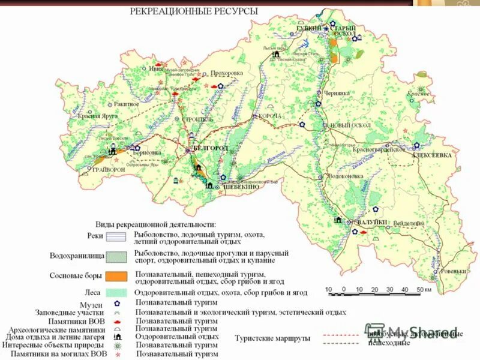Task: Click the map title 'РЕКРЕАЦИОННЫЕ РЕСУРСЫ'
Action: click(195, 11)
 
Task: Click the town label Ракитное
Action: click(126, 104)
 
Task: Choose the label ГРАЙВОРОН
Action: click(107, 169)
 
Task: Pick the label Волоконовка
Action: click(346, 176)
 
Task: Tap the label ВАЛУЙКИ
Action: click(373, 223)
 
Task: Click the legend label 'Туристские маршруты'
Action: click(273, 338)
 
